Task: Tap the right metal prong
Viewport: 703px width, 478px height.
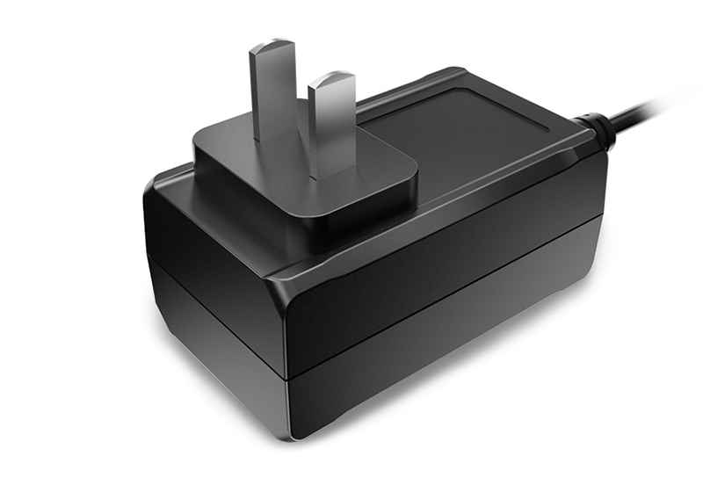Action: tap(331, 123)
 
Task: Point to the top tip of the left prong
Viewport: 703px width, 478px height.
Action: tap(272, 44)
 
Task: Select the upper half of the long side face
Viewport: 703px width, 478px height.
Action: tap(439, 255)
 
